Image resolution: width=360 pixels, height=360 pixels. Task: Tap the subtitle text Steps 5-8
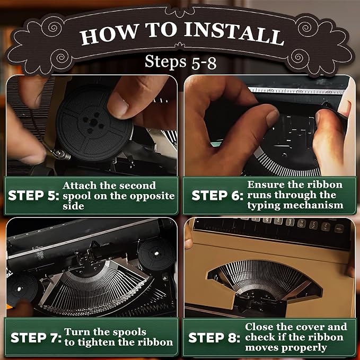coord(180,62)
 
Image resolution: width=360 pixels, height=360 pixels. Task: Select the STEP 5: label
coord(33,196)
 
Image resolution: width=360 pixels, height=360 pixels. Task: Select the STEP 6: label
coord(217,196)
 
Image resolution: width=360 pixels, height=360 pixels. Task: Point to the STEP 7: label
coord(36,338)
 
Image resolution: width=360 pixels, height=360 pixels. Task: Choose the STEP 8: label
coord(214,338)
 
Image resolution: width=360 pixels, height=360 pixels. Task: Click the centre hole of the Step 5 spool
coord(93,122)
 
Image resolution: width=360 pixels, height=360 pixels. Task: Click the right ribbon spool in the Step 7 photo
coord(156,254)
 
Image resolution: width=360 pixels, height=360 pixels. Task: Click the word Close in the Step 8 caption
coord(259,327)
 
